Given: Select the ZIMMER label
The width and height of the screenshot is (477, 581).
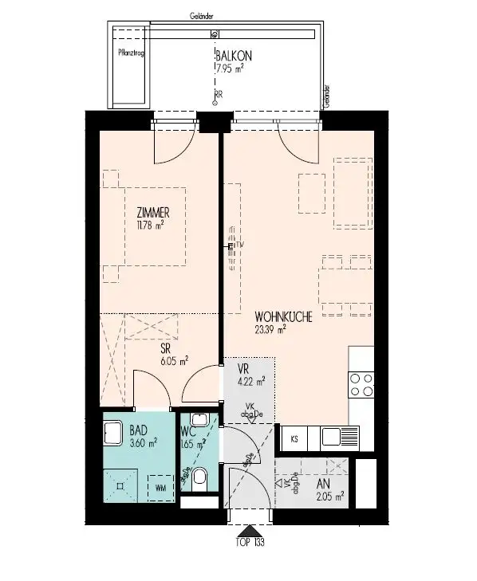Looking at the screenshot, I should tap(154, 212).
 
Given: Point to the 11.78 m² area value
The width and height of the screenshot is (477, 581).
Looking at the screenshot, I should tap(149, 224).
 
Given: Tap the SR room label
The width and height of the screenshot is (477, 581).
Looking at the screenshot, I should tap(166, 348).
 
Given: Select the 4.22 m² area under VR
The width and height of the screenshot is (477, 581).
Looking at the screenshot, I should tap(250, 380).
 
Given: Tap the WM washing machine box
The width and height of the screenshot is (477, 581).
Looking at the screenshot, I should tap(161, 487).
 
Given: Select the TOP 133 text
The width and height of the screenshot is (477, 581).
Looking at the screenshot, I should tap(250, 544).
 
